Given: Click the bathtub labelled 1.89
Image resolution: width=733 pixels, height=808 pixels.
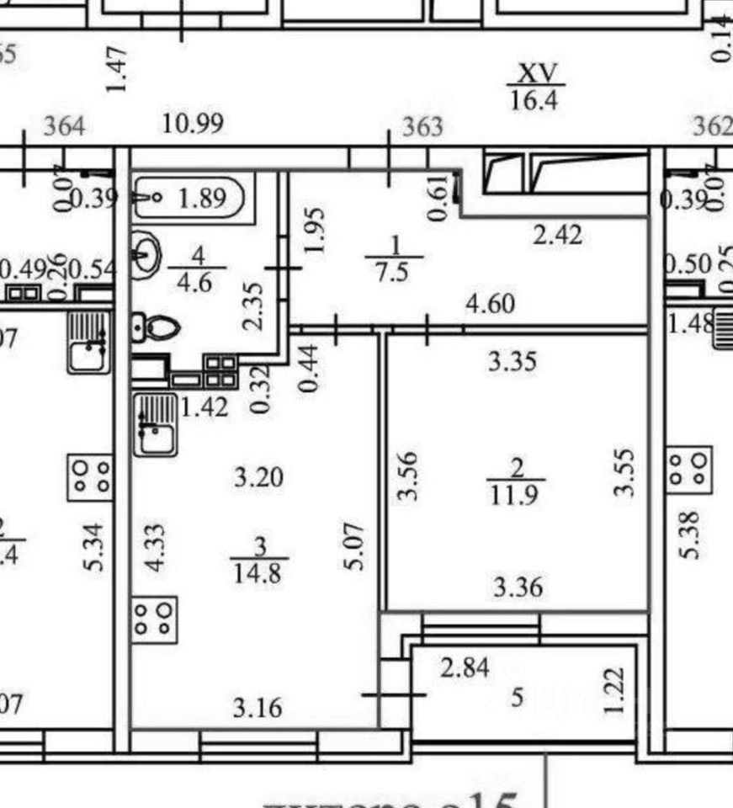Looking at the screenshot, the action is (189, 199).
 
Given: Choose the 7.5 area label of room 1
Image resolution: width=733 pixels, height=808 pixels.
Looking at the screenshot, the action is (395, 274).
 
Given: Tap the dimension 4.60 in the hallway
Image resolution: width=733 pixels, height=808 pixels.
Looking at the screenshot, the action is (490, 302).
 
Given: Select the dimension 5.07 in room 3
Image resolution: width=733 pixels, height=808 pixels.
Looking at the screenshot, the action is (356, 545).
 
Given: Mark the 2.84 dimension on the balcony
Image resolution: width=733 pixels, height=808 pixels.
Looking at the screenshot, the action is (465, 668).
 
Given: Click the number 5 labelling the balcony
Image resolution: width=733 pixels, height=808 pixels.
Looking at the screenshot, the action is (518, 697).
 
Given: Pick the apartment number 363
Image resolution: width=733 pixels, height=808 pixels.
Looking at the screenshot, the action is (422, 127).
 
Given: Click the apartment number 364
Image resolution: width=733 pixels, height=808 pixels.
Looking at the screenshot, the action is (64, 127).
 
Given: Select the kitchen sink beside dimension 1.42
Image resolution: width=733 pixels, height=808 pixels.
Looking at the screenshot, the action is (155, 426).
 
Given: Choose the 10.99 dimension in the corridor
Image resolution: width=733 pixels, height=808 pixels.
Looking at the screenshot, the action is (193, 124).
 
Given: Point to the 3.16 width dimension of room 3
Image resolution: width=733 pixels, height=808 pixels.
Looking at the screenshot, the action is (258, 707).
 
